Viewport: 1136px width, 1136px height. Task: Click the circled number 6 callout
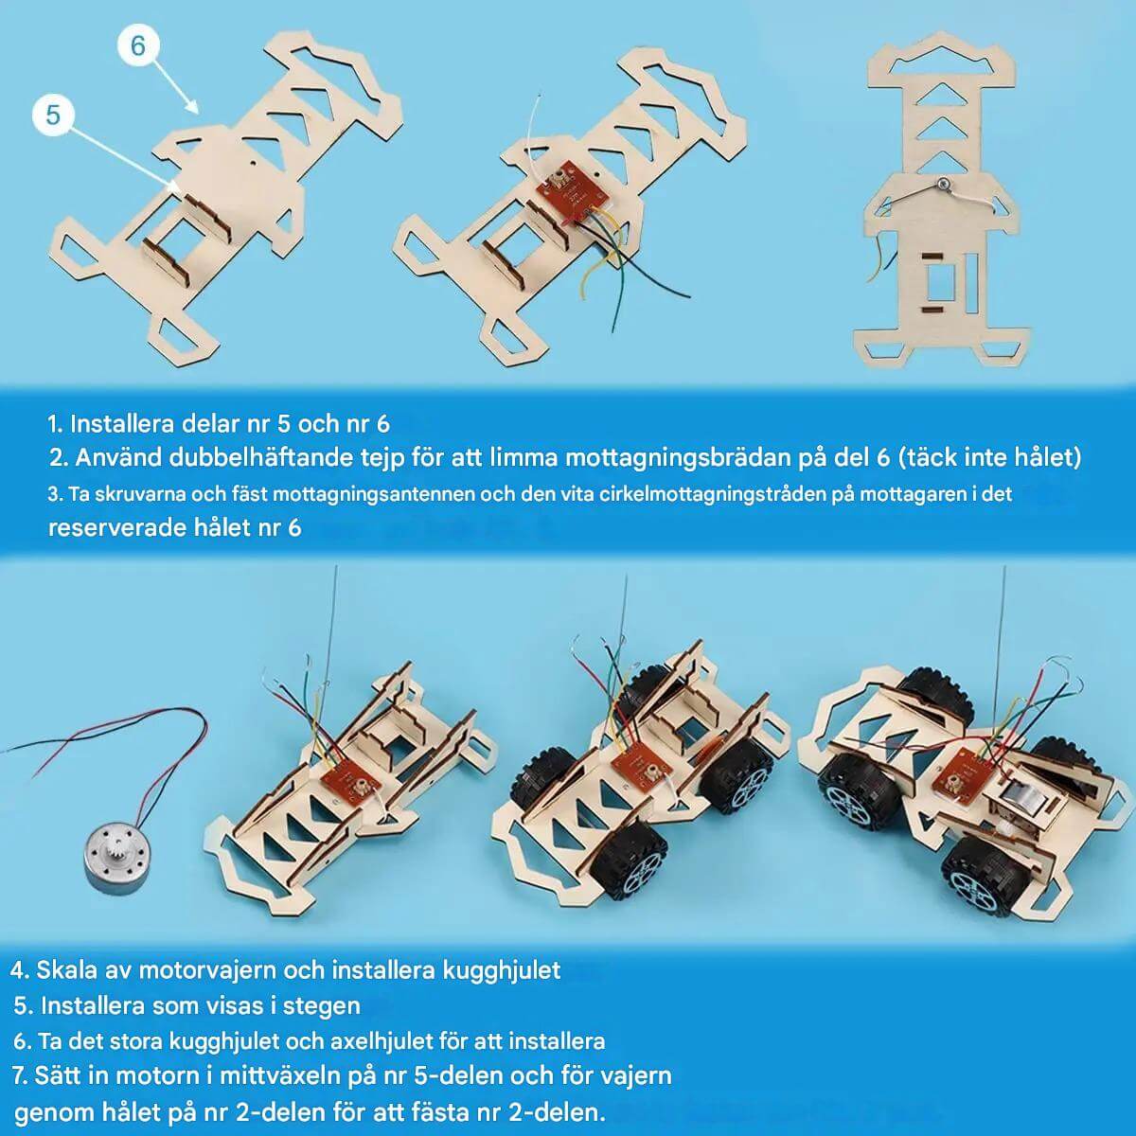coord(138,45)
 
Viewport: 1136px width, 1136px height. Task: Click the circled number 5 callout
coord(53,115)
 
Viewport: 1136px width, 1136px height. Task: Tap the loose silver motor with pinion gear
coord(118,860)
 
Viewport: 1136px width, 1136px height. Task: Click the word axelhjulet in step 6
coord(381,1041)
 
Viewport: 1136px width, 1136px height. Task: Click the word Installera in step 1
coord(125,424)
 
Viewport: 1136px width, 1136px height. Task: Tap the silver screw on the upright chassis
coord(943,185)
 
